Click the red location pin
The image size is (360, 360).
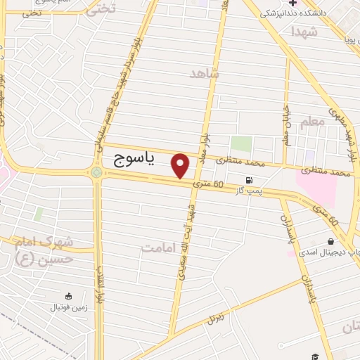[x=181, y=165]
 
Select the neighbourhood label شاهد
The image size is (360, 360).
[x=205, y=73]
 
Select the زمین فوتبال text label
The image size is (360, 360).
[x=68, y=308]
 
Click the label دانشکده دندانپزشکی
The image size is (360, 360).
[x=292, y=13]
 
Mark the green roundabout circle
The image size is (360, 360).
[x=96, y=172]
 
